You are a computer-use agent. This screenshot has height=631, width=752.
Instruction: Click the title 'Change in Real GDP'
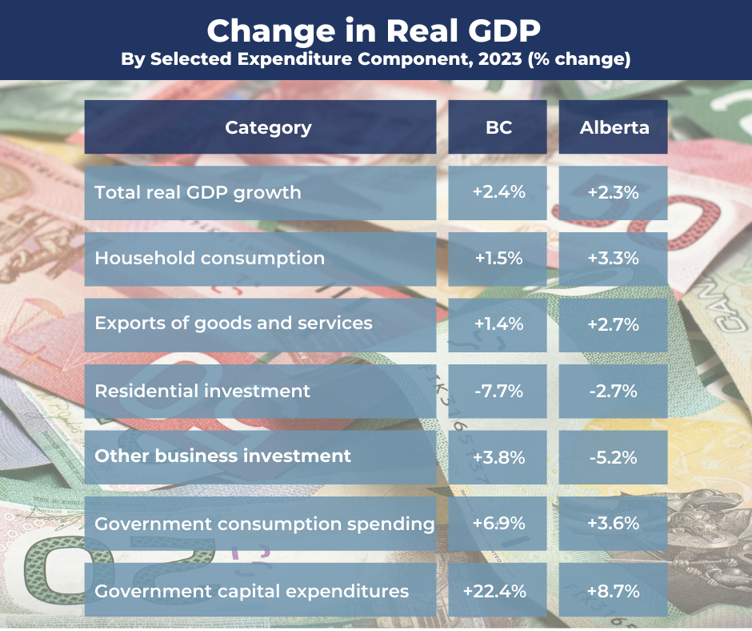[374, 30]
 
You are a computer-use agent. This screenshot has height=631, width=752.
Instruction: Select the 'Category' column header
[268, 127]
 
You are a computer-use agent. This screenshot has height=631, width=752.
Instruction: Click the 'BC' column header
[498, 127]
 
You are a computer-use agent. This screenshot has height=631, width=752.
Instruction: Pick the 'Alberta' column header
[614, 127]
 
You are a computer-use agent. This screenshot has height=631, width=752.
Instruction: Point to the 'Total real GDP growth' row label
[198, 192]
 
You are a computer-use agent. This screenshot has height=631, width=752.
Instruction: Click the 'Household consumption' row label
[210, 258]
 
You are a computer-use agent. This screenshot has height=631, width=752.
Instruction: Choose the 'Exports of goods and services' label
[234, 323]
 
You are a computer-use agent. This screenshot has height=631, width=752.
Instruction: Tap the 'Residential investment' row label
[202, 391]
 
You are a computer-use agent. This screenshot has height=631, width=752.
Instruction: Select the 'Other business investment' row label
[222, 456]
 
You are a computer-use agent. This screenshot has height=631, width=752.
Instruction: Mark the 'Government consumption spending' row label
[264, 524]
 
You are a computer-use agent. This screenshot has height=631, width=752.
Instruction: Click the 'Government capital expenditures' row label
[252, 591]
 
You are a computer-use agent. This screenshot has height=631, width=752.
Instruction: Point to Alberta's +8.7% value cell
[614, 591]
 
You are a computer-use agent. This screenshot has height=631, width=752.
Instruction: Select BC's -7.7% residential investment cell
[498, 391]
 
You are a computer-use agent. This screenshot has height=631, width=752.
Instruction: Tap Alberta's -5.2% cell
[614, 456]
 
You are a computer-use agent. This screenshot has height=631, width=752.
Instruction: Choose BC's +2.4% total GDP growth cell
[498, 192]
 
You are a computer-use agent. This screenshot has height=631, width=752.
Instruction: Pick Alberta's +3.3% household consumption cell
[614, 258]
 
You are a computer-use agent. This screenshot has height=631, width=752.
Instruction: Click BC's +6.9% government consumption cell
[498, 524]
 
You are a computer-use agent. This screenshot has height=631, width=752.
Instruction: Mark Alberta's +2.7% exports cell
[614, 324]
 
